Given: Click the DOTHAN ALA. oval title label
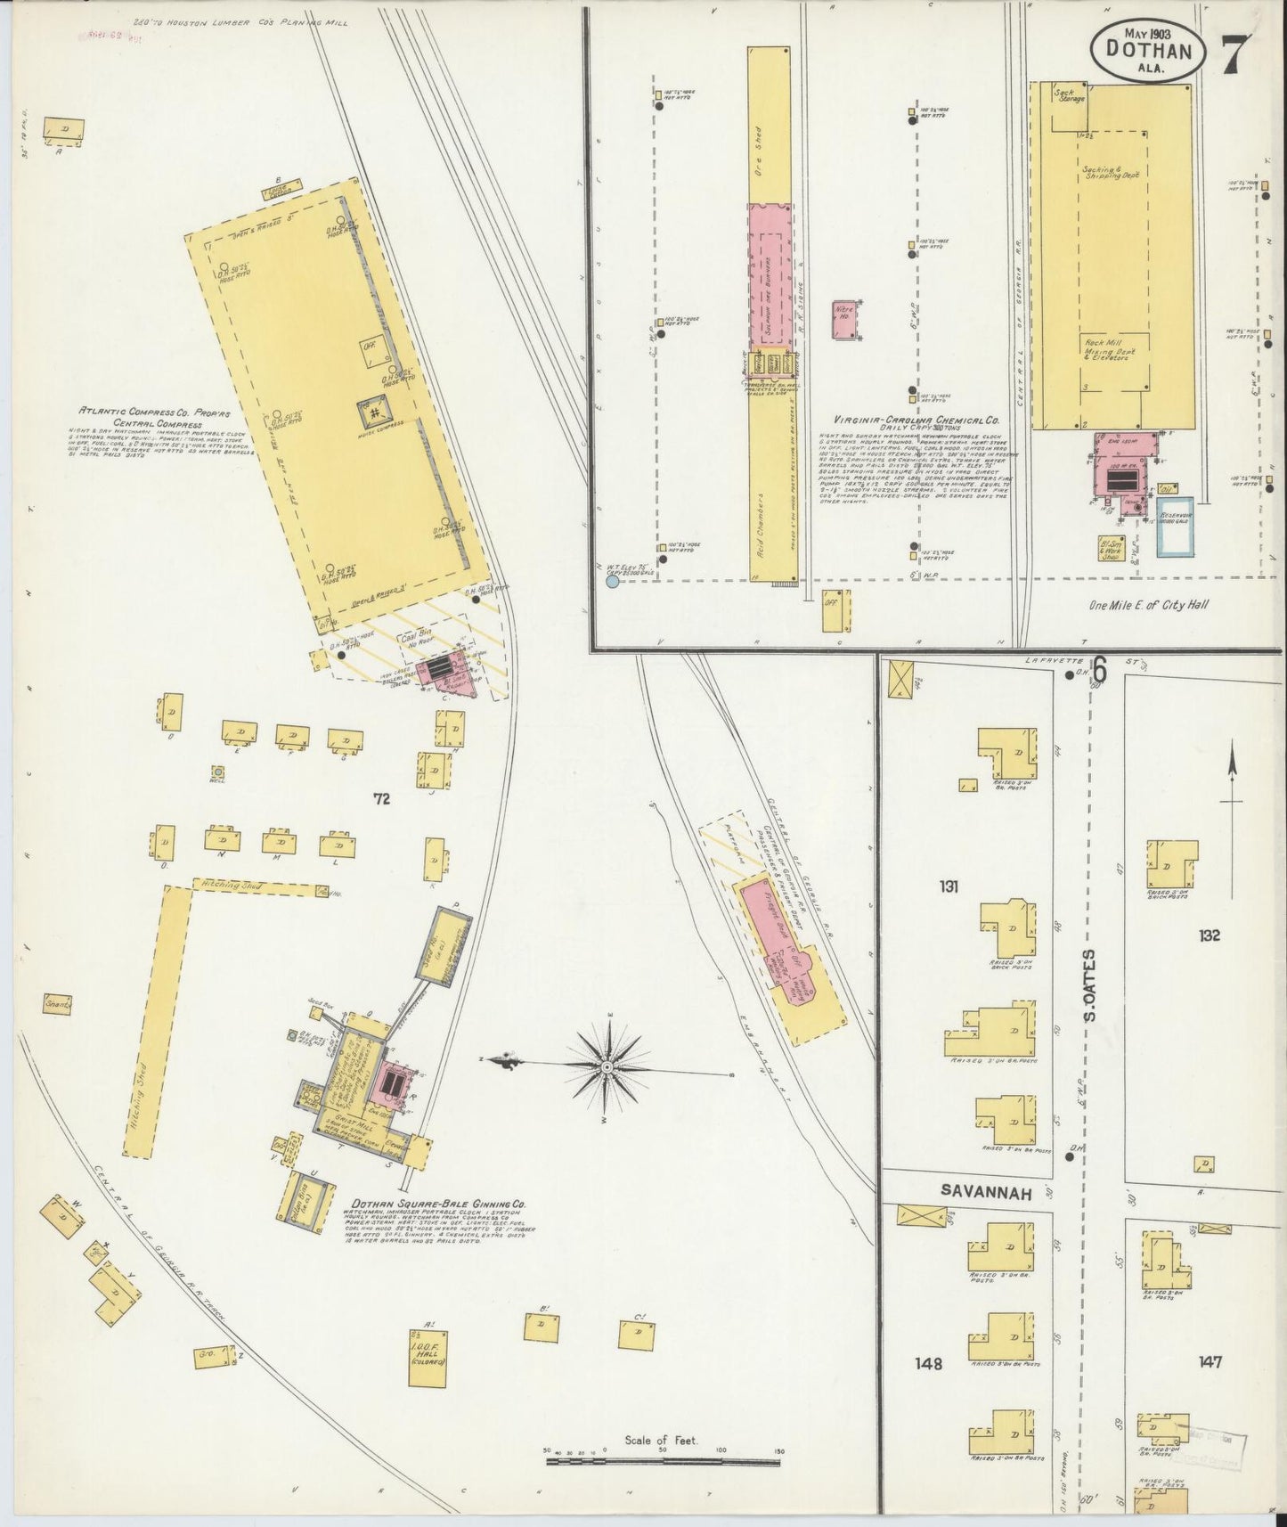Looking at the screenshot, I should pyautogui.click(x=1147, y=54).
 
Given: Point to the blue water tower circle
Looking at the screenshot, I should pyautogui.click(x=611, y=582).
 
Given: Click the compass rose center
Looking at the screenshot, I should pyautogui.click(x=606, y=1066).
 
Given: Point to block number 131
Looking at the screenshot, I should pyautogui.click(x=947, y=886).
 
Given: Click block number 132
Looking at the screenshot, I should pyautogui.click(x=1209, y=935).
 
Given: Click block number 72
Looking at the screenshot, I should pyautogui.click(x=382, y=800).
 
